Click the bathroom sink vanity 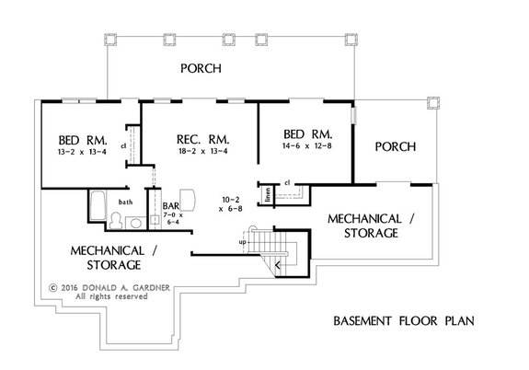(x=136, y=221)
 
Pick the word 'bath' (x=125, y=201)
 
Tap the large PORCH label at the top (x=200, y=70)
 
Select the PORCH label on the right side (x=395, y=146)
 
